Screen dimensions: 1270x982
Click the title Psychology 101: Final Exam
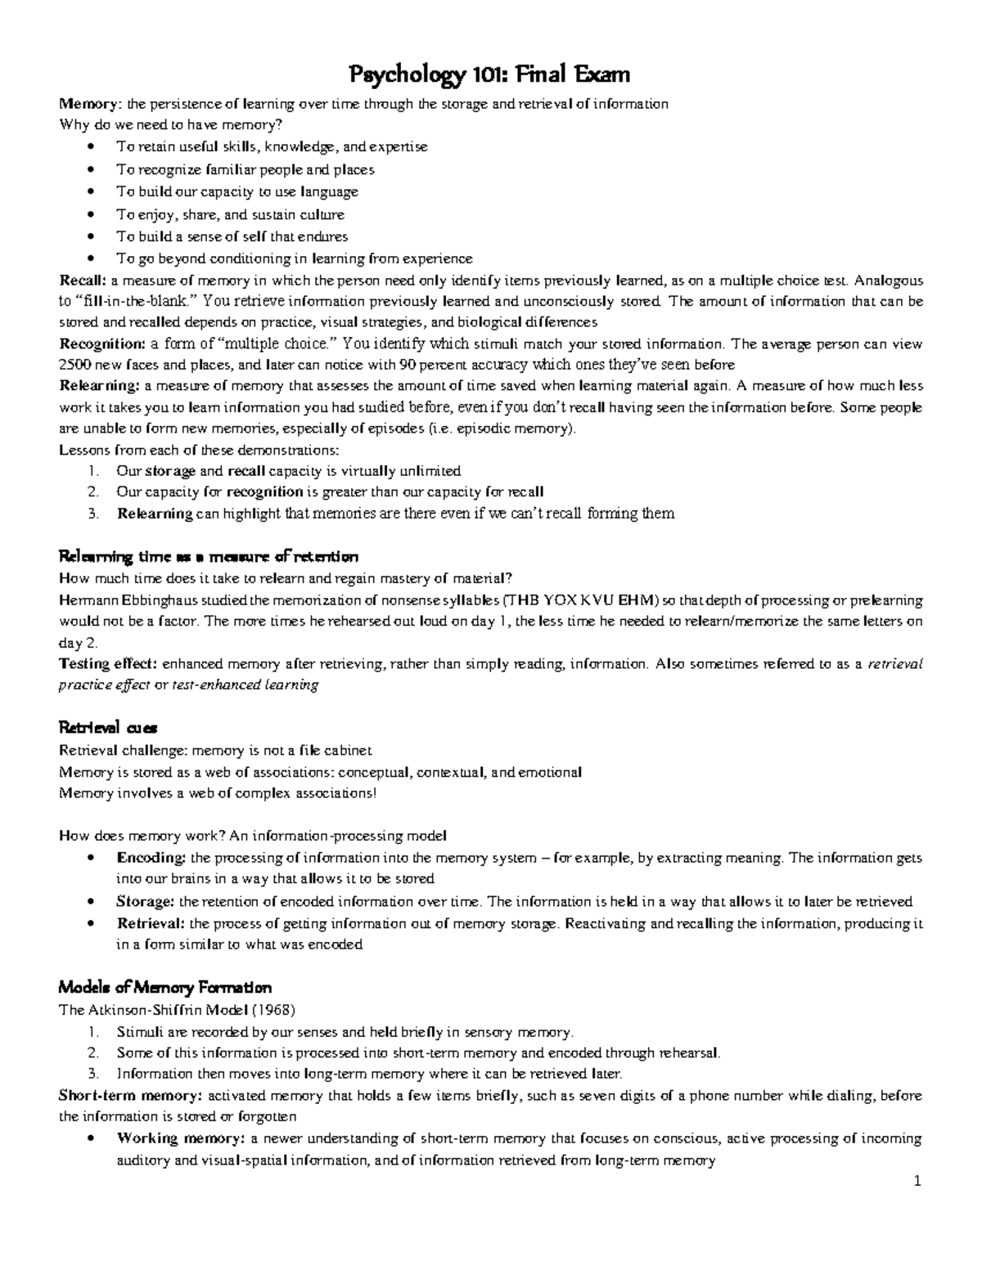pos(490,76)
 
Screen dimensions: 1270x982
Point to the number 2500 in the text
pos(75,365)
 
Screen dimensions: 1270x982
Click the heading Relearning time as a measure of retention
pos(209,558)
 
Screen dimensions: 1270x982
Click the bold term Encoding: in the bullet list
pos(151,858)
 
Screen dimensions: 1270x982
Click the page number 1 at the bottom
pos(918,1181)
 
